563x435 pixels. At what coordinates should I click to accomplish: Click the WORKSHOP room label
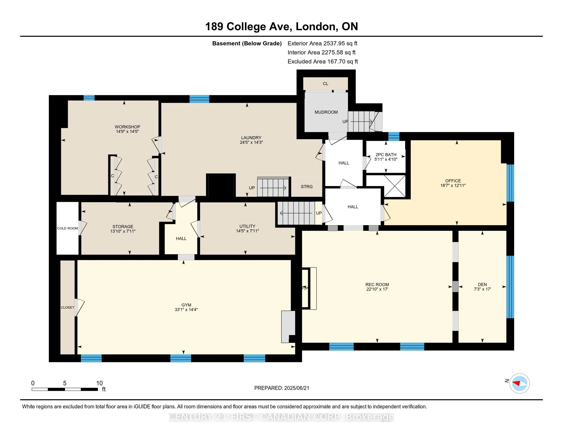127,127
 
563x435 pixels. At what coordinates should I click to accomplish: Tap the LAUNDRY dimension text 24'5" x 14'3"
251,142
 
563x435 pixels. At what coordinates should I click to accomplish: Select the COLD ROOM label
68,228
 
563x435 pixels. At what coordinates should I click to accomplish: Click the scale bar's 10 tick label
99,383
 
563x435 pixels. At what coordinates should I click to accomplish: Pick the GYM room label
186,305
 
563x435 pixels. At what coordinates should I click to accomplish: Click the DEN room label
482,285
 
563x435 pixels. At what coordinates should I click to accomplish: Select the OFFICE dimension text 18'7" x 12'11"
453,185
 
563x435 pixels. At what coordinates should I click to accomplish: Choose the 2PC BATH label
386,155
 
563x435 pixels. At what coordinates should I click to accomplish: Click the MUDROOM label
326,112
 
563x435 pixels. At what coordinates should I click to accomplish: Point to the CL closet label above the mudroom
326,83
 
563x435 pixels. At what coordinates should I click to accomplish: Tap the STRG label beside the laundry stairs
307,187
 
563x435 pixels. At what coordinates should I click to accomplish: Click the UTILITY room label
247,226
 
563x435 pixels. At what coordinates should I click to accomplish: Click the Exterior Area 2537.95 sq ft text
322,43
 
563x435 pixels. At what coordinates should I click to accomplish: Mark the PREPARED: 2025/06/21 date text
281,388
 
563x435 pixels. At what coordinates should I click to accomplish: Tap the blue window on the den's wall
510,287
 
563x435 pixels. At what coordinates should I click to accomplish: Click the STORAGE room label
123,227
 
